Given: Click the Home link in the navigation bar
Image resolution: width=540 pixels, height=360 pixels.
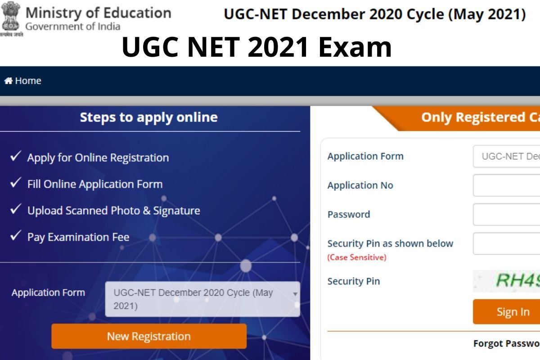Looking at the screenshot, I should (27, 81).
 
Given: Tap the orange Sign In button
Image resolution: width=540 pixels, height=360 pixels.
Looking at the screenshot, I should (513, 312).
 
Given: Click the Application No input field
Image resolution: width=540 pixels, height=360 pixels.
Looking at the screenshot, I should (506, 185).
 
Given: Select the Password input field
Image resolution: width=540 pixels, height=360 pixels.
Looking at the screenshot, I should (506, 214).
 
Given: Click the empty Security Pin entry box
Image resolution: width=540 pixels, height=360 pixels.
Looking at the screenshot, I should (506, 243).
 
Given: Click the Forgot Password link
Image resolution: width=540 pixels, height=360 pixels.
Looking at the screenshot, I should (506, 344).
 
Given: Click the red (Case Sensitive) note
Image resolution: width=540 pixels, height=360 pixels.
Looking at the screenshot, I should (357, 258).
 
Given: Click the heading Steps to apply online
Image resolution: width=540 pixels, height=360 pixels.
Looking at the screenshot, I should (148, 117).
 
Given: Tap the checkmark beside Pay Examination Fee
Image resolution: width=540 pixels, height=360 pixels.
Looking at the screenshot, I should (16, 236).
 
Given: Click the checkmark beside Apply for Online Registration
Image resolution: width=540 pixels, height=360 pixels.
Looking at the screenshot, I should (16, 157).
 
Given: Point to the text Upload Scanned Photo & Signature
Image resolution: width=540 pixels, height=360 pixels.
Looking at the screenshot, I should (113, 211).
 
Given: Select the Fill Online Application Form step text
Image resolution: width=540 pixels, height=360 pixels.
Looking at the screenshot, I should (95, 184).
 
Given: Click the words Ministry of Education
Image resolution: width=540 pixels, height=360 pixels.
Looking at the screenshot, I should (98, 12).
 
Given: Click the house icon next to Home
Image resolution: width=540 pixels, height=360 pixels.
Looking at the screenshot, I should (8, 81).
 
